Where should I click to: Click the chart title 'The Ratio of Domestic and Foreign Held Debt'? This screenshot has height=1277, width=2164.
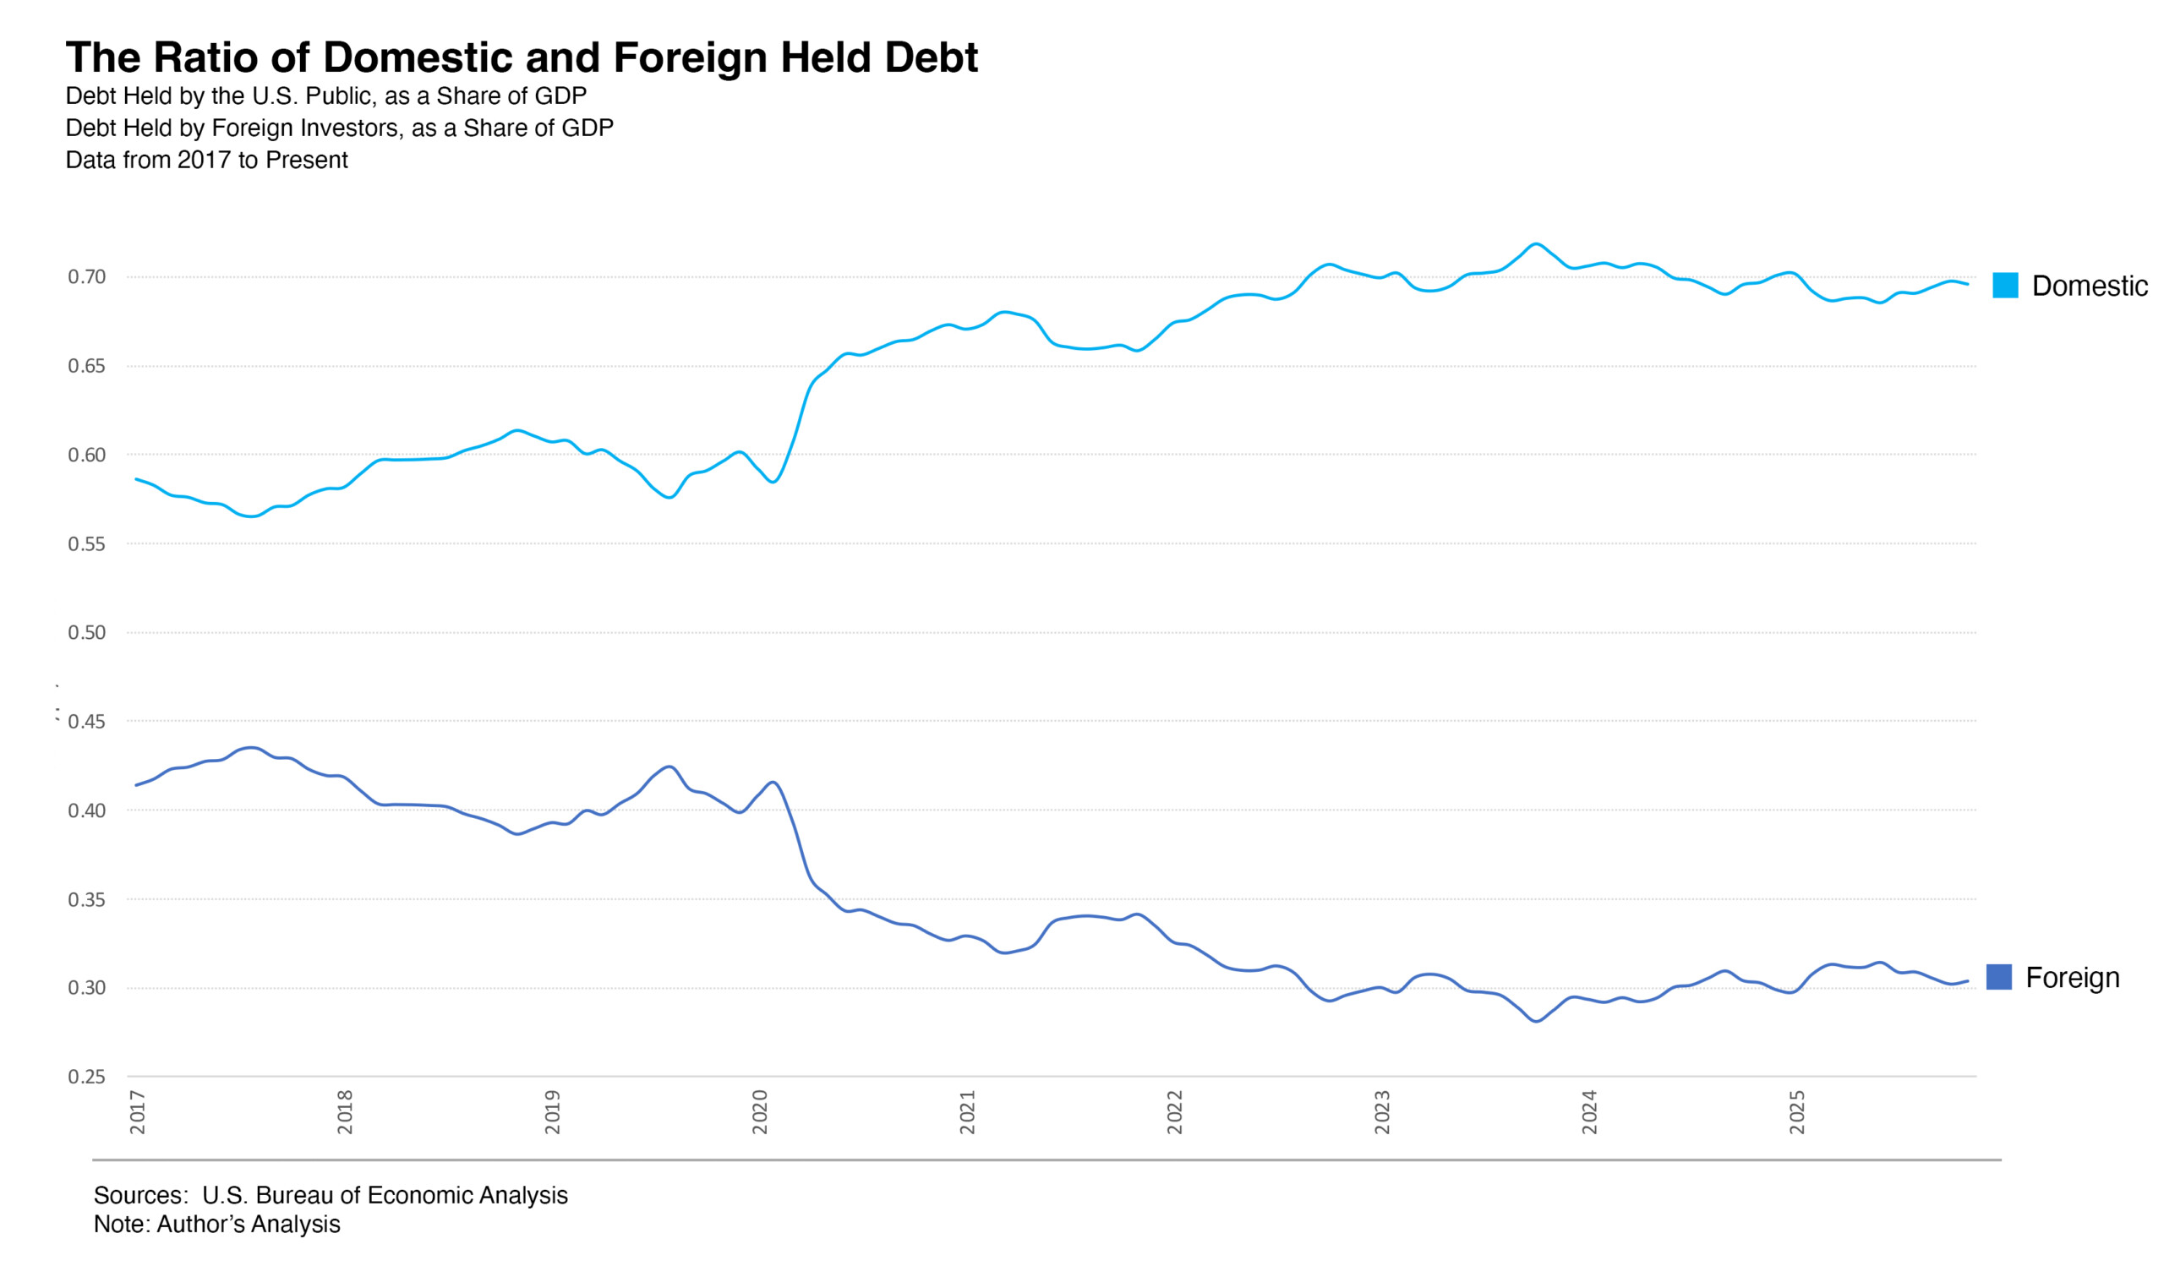[x=522, y=57]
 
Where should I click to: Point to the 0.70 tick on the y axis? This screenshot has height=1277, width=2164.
[x=87, y=277]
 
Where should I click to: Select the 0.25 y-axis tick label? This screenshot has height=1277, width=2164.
[x=87, y=1078]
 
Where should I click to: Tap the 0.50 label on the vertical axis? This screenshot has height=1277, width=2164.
[x=87, y=633]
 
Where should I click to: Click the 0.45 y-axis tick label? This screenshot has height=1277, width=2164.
[x=87, y=722]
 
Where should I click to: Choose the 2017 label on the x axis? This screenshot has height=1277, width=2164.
[x=138, y=1113]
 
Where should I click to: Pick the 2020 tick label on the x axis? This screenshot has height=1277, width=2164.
[x=760, y=1113]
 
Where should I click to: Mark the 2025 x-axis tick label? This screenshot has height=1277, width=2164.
[x=1796, y=1113]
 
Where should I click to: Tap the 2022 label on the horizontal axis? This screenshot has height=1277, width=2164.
[x=1174, y=1113]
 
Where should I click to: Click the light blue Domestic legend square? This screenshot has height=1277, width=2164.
[x=2005, y=286]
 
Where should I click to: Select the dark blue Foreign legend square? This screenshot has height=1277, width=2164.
[x=1999, y=978]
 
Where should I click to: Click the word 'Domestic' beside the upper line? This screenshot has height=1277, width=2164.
[x=2089, y=287]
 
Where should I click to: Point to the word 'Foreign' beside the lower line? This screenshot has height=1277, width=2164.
[x=2072, y=979]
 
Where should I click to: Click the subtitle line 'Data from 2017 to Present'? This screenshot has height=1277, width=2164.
[x=206, y=161]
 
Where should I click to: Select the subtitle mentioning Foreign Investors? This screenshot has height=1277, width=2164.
[x=339, y=128]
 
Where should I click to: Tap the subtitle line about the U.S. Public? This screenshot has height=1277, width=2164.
[x=326, y=96]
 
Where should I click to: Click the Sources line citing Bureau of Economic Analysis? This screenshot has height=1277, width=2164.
[x=331, y=1196]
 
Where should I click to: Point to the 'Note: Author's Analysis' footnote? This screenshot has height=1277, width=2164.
[x=217, y=1225]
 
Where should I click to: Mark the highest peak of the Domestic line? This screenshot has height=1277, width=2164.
[x=1536, y=244]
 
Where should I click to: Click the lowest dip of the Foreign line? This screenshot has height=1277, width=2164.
[x=1537, y=1022]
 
